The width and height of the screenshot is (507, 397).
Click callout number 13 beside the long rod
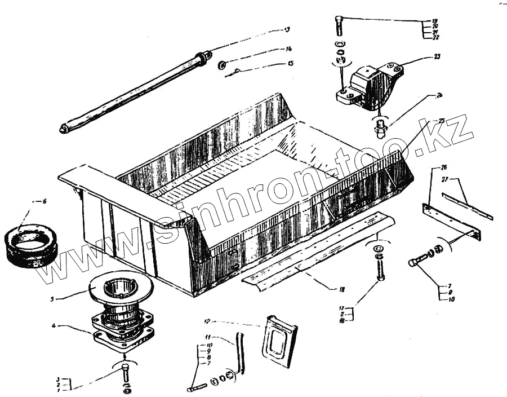click(287, 29)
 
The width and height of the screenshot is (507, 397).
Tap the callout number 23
click(437, 56)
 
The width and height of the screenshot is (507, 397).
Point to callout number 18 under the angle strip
click(341, 289)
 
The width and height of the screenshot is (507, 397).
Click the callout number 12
click(207, 321)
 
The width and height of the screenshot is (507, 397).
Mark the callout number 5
click(52, 299)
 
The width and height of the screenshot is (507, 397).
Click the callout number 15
click(291, 64)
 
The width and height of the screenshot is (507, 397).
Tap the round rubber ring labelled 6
click(30, 246)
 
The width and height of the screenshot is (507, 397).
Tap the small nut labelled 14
click(222, 65)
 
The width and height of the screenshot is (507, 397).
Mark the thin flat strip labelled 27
click(466, 206)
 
